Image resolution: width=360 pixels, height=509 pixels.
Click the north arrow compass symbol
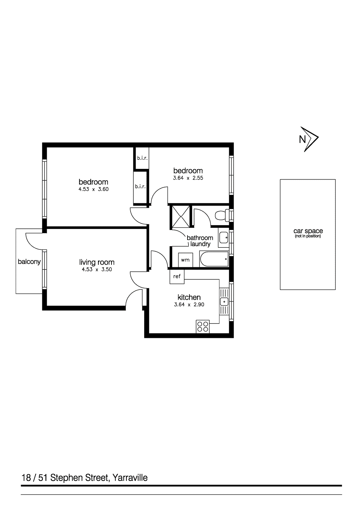[x=309, y=139]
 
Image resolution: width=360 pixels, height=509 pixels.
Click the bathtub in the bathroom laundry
[x=214, y=259]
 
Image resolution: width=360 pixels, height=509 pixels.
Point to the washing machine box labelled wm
[x=185, y=260]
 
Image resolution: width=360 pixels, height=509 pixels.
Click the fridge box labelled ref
[x=177, y=276]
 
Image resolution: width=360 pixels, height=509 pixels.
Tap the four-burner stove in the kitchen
[x=203, y=327]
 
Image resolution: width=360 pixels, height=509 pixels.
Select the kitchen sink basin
[x=224, y=301]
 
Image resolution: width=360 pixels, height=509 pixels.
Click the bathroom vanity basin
[x=224, y=237]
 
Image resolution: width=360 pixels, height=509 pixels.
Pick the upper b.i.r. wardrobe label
[x=142, y=158]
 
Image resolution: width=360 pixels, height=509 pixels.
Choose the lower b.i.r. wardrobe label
[x=140, y=187]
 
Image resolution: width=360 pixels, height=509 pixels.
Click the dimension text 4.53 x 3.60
[x=94, y=189]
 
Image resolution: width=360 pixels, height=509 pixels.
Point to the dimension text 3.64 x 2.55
[x=188, y=178]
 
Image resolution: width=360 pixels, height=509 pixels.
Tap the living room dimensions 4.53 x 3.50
[x=97, y=269]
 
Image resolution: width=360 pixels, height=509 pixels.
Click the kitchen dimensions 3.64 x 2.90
[x=189, y=304]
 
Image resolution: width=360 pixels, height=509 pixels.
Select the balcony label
[x=29, y=262]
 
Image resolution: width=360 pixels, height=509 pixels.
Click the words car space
[x=308, y=231]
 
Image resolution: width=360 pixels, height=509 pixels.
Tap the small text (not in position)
[x=308, y=236]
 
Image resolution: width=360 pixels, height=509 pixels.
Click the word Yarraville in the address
[x=130, y=478]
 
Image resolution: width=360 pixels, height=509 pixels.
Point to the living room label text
[x=97, y=262]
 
